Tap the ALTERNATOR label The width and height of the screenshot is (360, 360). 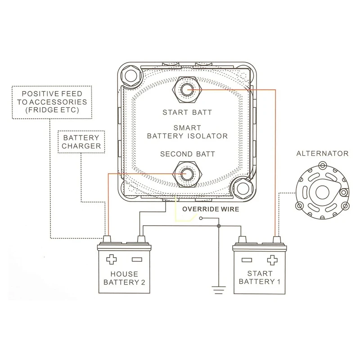tap(322, 154)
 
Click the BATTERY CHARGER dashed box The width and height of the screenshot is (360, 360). tap(81, 142)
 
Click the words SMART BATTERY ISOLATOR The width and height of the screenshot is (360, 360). tap(187, 131)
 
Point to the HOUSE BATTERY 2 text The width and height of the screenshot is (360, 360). tap(124, 278)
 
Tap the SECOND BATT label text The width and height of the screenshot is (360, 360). tap(187, 154)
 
